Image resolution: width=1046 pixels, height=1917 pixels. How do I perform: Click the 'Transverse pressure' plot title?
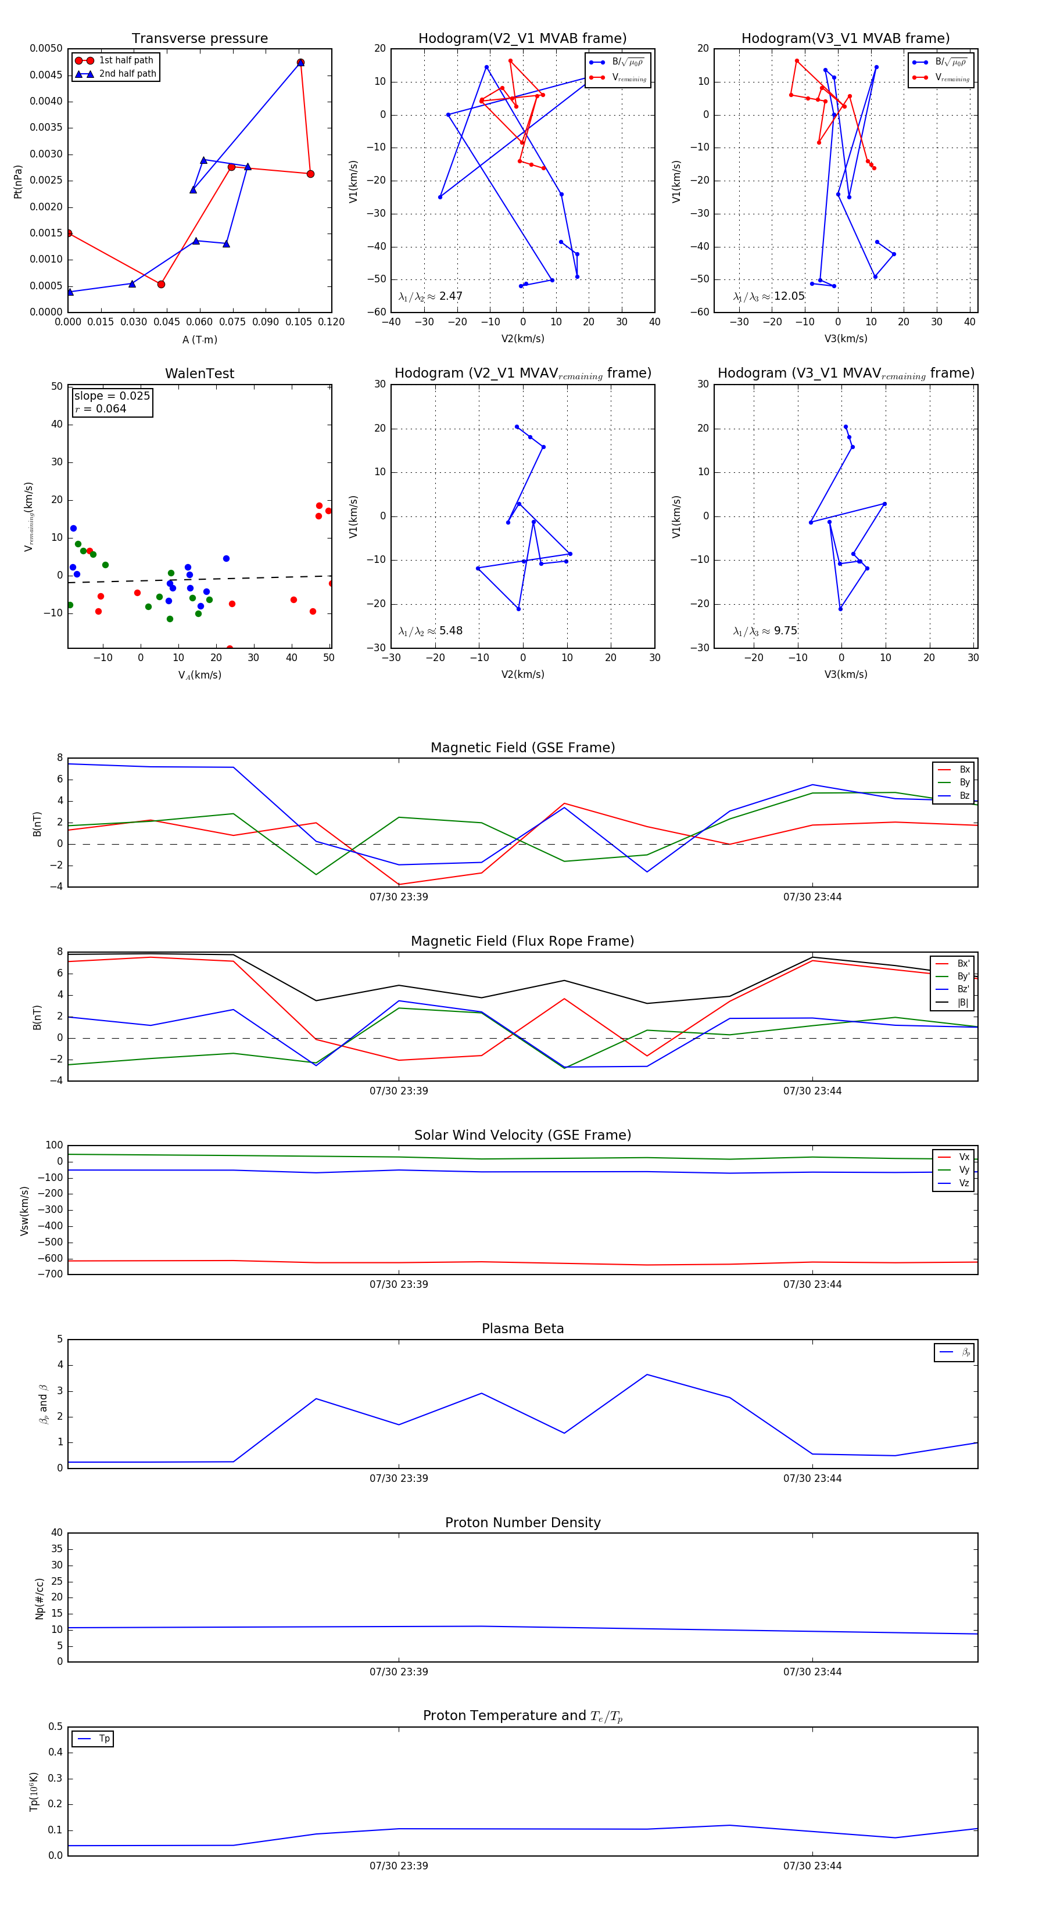tap(199, 39)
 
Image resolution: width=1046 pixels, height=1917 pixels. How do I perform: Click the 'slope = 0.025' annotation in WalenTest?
tap(112, 396)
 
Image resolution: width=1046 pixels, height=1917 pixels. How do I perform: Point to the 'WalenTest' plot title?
tap(199, 374)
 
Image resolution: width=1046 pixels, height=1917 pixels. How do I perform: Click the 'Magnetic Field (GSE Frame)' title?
tap(522, 748)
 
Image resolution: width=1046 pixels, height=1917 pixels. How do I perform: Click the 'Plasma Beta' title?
tap(522, 1329)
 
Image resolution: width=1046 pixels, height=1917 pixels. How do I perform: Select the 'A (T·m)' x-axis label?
tap(199, 340)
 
